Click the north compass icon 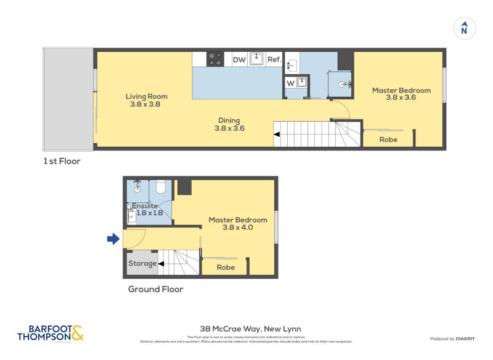pos(465,28)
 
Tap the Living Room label pos(146,100)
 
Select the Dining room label pos(229,125)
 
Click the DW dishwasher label pos(239,60)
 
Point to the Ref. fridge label pos(274,60)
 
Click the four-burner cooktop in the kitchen pos(215,59)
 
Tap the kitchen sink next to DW pos(257,59)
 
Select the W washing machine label pos(290,83)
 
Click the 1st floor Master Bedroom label pos(401,94)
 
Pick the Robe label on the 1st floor pos(388,140)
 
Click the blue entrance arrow pos(113,239)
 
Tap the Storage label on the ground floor pos(142,264)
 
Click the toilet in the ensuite pos(160,186)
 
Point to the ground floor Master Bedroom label pos(237,223)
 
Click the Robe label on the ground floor pos(226,268)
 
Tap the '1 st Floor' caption pos(62,162)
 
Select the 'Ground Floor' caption pos(155,289)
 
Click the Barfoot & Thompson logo pos(51,333)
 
